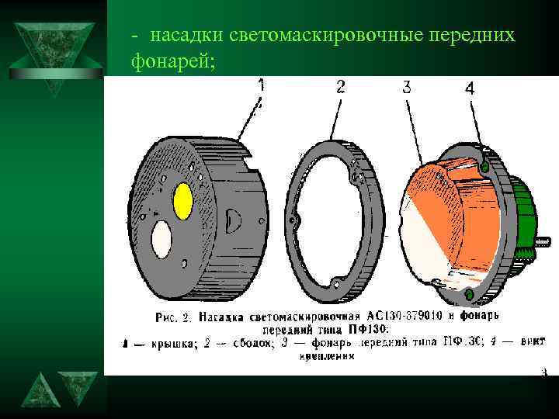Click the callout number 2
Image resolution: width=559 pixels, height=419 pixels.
click(x=341, y=87)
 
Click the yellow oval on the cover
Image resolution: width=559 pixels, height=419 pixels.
click(x=183, y=201)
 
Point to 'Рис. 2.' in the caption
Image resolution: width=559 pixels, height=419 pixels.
click(x=173, y=317)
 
